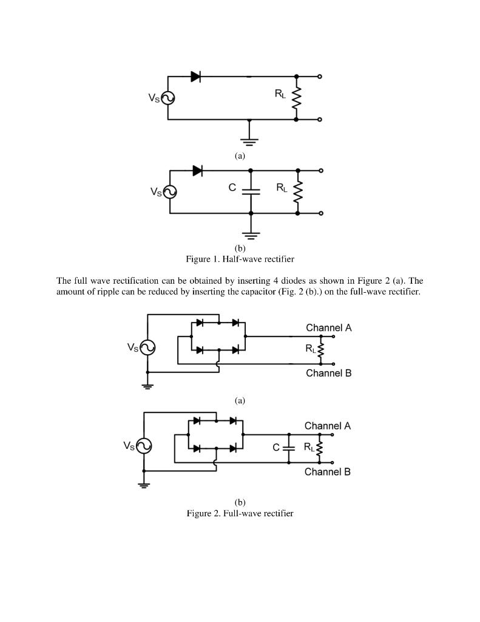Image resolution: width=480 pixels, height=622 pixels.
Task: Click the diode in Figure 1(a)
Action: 195,77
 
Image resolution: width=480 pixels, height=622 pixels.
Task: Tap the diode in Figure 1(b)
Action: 197,171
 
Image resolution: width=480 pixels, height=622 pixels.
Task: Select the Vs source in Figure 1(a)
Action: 167,98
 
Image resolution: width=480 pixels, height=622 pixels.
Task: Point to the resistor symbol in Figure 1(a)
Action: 296,98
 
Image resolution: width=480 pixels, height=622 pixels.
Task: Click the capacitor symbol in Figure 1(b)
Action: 251,191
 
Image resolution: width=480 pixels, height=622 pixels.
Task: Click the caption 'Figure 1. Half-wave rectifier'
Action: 240,259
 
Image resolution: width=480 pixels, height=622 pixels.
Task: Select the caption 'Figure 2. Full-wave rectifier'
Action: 240,513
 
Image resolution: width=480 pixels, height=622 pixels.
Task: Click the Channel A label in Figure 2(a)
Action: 328,328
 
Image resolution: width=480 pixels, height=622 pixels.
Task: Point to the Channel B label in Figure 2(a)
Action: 328,373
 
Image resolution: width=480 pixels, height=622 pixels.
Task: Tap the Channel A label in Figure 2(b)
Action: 327,426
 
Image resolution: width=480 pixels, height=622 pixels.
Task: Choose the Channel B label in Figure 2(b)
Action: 327,472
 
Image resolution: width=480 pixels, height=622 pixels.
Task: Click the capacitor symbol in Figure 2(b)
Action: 288,448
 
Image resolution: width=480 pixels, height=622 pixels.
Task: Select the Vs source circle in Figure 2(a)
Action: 147,347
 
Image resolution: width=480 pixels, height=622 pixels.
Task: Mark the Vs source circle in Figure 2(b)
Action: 144,446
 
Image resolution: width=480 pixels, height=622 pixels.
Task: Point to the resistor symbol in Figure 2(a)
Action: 321,350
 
